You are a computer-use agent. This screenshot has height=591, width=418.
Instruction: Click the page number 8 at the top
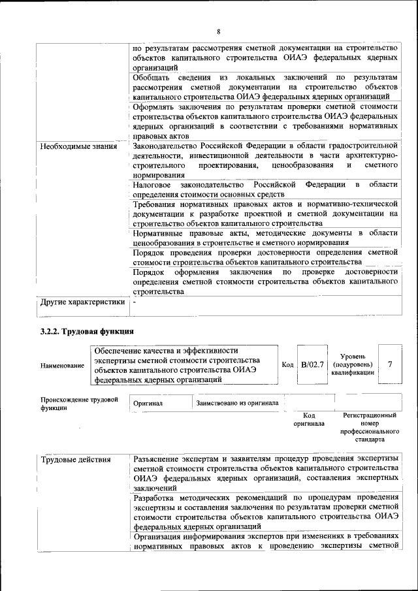219,32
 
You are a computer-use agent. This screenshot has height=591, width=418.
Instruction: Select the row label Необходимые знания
78,146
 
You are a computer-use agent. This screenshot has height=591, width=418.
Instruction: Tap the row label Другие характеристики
82,302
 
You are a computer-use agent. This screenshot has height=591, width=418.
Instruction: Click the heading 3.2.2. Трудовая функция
88,332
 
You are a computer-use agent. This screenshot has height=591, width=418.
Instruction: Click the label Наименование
62,366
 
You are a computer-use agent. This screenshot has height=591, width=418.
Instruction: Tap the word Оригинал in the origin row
148,404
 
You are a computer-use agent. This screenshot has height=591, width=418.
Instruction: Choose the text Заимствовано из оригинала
237,403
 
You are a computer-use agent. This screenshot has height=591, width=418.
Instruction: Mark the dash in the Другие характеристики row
134,302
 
